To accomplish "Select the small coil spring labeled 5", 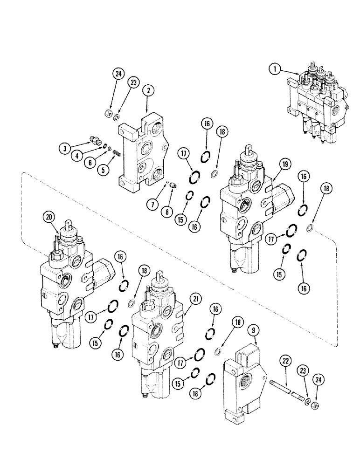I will (x=117, y=152).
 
